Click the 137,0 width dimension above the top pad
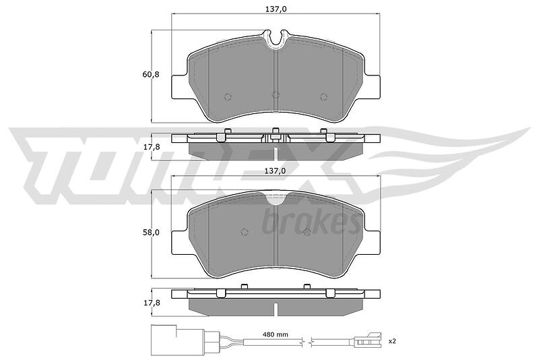(276, 9)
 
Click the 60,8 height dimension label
(151, 74)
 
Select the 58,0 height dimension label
(151, 232)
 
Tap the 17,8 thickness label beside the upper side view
(151, 147)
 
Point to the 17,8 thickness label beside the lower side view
(151, 303)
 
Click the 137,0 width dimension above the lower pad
(276, 171)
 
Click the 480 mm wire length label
(276, 334)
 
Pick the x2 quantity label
(392, 341)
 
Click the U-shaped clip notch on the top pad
(276, 40)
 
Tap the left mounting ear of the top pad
(179, 86)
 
